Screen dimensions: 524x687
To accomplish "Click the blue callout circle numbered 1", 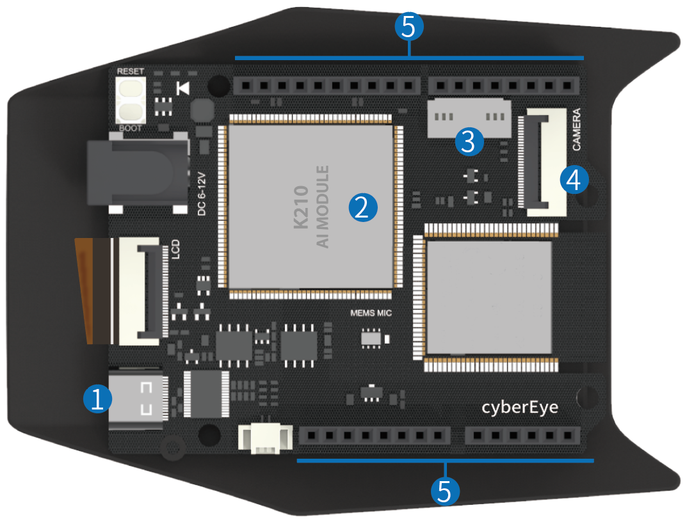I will (97, 399).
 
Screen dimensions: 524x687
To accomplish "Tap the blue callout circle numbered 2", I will (362, 208).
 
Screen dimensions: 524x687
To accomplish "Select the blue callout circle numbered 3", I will (469, 141).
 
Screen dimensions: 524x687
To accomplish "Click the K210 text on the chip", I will (301, 207).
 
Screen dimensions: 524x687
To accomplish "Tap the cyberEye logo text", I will (520, 408).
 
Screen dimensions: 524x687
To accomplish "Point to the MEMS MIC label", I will (371, 314).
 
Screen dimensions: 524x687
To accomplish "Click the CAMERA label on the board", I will (576, 130).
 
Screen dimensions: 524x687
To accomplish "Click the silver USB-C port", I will (136, 399).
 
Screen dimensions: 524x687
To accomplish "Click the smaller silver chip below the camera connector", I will (489, 296).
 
